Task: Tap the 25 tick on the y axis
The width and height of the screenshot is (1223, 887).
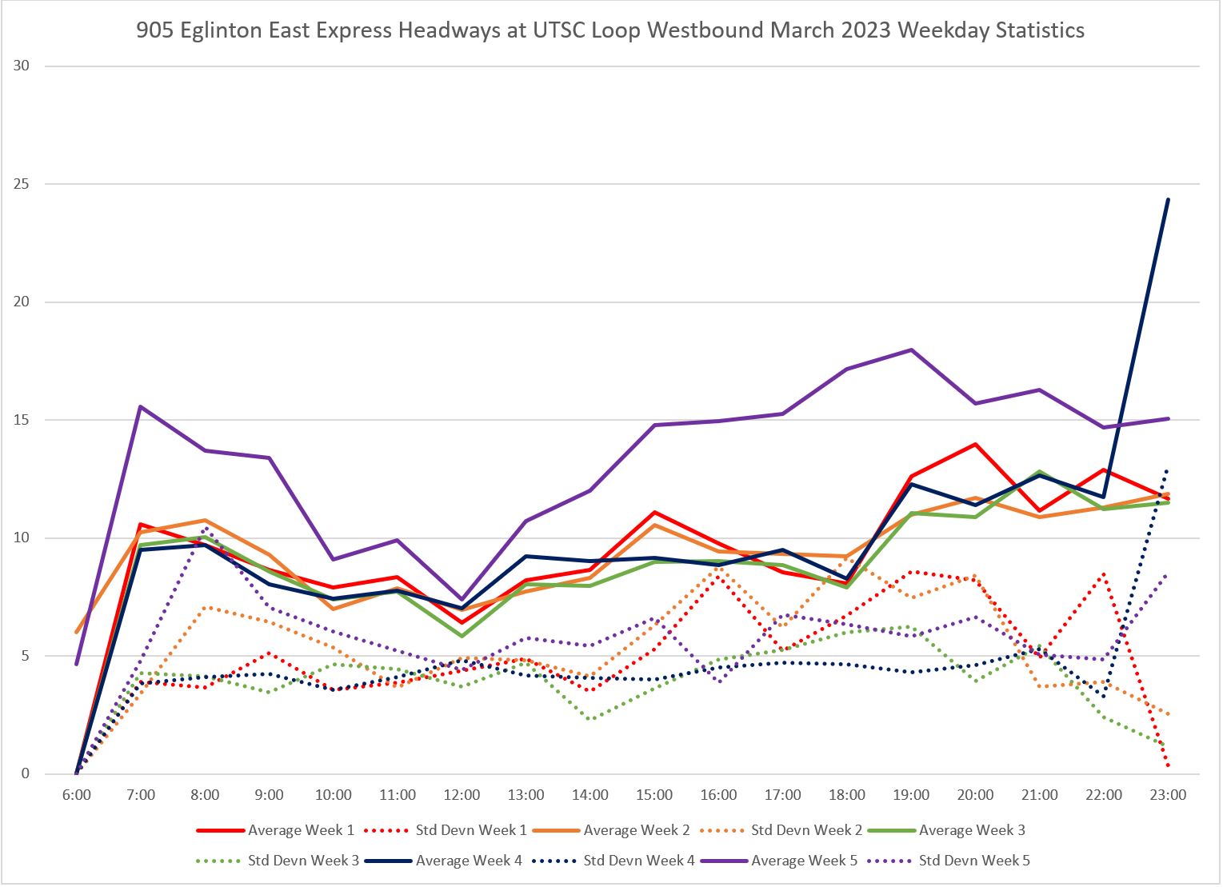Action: coord(21,184)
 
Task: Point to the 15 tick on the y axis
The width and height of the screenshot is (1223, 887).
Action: coord(21,420)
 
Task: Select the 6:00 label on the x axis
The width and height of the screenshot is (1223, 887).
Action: coord(76,795)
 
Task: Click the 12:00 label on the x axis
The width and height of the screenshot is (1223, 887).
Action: coord(462,795)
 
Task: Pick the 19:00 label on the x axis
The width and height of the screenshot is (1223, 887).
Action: coord(911,795)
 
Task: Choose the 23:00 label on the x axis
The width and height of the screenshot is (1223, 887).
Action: coord(1168,795)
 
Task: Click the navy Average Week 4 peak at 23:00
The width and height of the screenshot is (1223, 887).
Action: coord(1168,199)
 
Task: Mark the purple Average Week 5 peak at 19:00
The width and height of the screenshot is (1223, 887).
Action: coord(911,350)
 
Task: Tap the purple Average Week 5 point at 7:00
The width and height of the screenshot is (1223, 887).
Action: coord(141,406)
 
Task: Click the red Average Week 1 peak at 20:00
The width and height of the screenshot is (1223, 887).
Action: coord(975,444)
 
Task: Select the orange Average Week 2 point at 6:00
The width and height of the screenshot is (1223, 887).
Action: coord(77,632)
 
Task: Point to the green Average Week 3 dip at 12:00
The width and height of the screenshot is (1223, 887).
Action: coord(462,636)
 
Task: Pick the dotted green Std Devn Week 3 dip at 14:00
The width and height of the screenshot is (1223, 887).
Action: coord(590,719)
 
